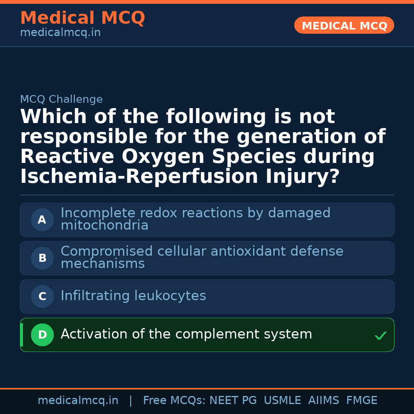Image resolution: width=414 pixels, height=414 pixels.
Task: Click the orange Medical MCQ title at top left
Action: pyautogui.click(x=82, y=18)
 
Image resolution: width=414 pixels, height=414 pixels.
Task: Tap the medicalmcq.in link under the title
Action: pyautogui.click(x=60, y=33)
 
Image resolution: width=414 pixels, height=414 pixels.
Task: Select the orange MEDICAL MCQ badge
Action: pyautogui.click(x=344, y=26)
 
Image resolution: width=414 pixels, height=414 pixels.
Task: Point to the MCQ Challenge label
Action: pyautogui.click(x=61, y=100)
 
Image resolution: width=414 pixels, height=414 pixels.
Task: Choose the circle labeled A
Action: pyautogui.click(x=42, y=220)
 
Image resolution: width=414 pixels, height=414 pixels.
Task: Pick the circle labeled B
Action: pyautogui.click(x=42, y=258)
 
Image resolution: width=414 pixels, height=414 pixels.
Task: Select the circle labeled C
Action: pyautogui.click(x=42, y=297)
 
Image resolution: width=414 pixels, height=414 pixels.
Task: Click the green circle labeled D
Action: pyautogui.click(x=42, y=335)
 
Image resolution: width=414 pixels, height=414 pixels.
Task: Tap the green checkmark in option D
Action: pyautogui.click(x=380, y=336)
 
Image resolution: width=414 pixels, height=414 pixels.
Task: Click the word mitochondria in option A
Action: pyautogui.click(x=104, y=225)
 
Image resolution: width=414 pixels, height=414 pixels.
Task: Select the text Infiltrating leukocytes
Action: pyautogui.click(x=133, y=296)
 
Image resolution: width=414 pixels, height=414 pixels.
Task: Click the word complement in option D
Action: pyautogui.click(x=212, y=334)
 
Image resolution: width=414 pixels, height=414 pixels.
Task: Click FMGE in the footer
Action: pyautogui.click(x=361, y=401)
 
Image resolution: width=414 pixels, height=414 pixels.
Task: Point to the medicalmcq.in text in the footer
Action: pyautogui.click(x=78, y=401)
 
